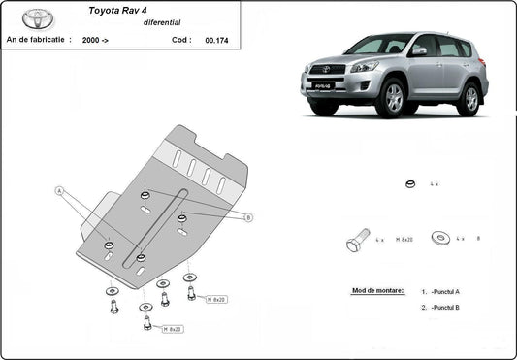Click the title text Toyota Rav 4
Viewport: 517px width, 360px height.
113,13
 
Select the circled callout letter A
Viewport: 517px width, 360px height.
60,191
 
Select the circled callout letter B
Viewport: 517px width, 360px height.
248,217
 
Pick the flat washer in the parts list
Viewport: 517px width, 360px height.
441,237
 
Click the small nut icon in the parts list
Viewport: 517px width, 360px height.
409,183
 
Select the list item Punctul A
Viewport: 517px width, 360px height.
443,291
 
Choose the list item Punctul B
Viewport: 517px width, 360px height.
443,307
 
